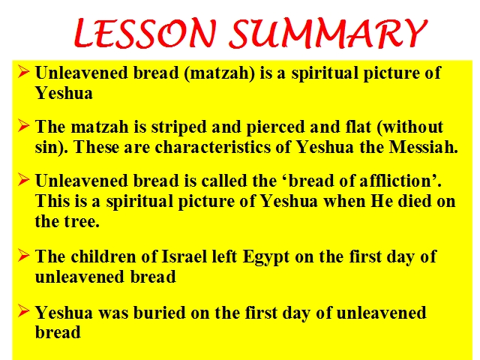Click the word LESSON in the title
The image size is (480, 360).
145,32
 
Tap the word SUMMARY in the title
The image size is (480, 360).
328,33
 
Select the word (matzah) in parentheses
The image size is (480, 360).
220,73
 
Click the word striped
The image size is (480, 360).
178,127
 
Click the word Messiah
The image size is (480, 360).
423,147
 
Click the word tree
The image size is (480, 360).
82,221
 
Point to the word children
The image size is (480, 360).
103,256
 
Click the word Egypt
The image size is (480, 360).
265,257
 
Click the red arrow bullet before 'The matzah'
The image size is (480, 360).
23,125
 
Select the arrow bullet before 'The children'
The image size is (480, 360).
23,255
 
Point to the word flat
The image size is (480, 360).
358,127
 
